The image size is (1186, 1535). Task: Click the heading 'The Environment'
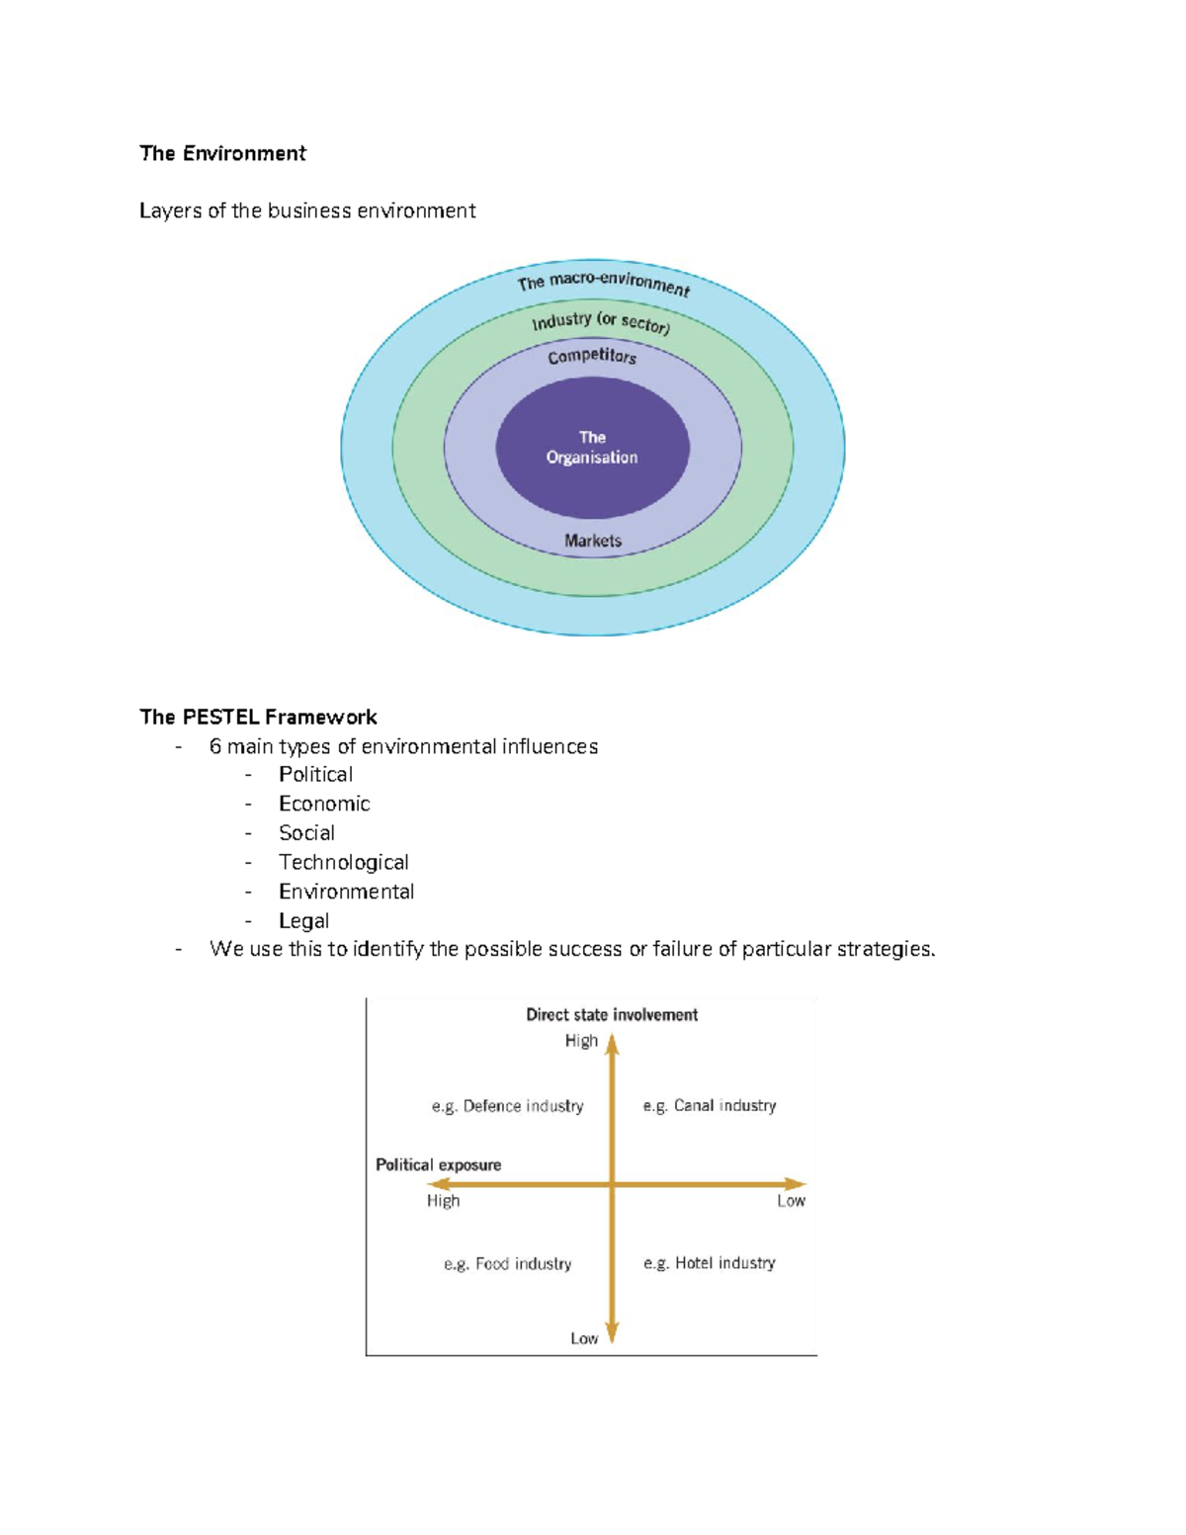click(x=222, y=153)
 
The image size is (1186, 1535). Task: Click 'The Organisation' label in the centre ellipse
click(x=592, y=448)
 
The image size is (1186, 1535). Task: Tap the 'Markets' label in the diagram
click(x=593, y=541)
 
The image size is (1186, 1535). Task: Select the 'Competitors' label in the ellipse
click(x=592, y=355)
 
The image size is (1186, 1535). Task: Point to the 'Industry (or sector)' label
click(x=601, y=322)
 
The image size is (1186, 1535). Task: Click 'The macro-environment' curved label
click(x=603, y=283)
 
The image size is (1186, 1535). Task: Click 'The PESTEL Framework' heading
click(x=258, y=717)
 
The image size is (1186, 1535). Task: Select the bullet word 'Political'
click(x=315, y=775)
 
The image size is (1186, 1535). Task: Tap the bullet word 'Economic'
click(x=324, y=804)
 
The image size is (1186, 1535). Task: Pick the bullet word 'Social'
click(x=306, y=833)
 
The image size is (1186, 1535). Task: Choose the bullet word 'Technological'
click(x=343, y=862)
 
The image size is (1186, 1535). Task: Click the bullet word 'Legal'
click(x=303, y=920)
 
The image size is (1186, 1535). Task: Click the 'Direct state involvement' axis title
click(x=612, y=1015)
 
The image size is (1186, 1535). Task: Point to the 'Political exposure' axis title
click(x=438, y=1165)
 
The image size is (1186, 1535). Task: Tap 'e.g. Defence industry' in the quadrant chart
click(x=507, y=1106)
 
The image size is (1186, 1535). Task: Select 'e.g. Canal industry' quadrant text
click(x=710, y=1106)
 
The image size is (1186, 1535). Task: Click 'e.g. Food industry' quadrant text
click(x=507, y=1264)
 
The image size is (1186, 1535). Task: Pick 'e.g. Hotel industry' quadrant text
click(x=710, y=1263)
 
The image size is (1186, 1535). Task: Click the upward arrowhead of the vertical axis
click(x=613, y=1044)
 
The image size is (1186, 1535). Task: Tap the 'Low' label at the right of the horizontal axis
click(x=791, y=1201)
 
